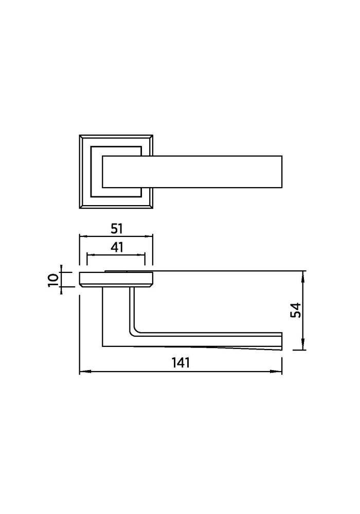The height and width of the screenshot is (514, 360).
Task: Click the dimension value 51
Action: [116, 228]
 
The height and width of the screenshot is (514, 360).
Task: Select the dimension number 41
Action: [117, 247]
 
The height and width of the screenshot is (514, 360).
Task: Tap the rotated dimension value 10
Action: [53, 281]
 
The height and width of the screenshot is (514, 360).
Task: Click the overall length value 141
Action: [181, 362]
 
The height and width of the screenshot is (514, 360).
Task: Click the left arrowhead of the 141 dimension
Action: [84, 372]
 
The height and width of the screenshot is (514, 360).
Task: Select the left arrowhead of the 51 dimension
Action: [84, 236]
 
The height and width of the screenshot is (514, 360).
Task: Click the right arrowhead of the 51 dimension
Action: [149, 236]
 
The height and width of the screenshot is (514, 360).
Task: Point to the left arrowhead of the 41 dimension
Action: [91, 254]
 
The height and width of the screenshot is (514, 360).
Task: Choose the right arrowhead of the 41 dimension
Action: [140, 254]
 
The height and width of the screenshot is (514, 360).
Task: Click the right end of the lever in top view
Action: [282, 172]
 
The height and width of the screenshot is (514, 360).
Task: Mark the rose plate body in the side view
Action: [116, 279]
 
